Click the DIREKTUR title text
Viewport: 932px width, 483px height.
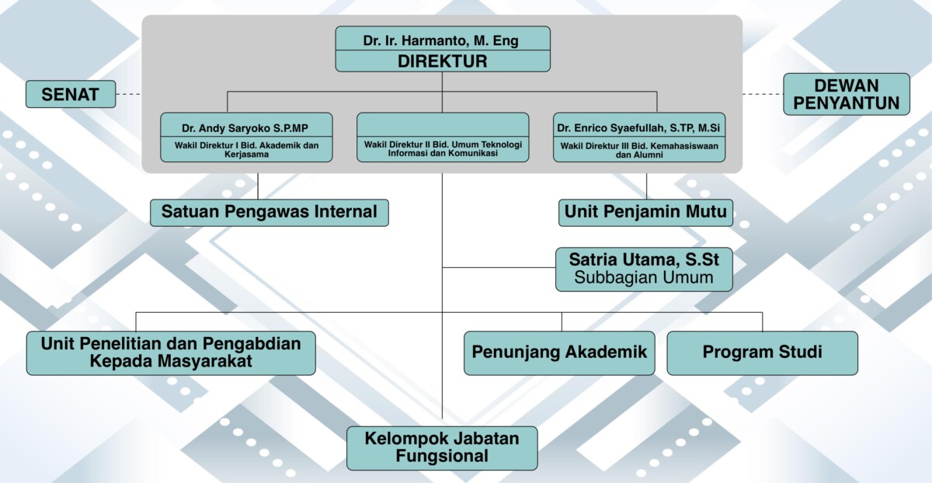point(443,61)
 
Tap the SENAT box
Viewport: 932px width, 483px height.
point(71,95)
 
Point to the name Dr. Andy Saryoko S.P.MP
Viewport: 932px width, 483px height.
point(247,126)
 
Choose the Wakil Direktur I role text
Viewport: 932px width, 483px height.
point(247,149)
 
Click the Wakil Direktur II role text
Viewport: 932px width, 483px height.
point(443,148)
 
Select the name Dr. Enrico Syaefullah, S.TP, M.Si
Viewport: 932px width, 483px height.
point(639,126)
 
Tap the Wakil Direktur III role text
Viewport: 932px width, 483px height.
point(639,149)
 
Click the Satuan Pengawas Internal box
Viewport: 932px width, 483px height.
point(269,212)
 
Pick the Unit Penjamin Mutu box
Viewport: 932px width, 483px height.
point(645,212)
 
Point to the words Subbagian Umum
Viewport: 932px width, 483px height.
point(644,278)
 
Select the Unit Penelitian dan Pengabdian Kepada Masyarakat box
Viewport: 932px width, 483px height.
point(171,353)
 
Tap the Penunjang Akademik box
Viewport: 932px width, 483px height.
point(559,353)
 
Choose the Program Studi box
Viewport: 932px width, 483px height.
point(762,353)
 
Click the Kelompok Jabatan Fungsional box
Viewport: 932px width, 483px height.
point(442,448)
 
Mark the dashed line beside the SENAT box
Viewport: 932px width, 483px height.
point(129,95)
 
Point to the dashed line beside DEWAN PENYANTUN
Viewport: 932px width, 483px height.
point(762,94)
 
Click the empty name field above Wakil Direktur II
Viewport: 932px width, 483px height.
point(443,125)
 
